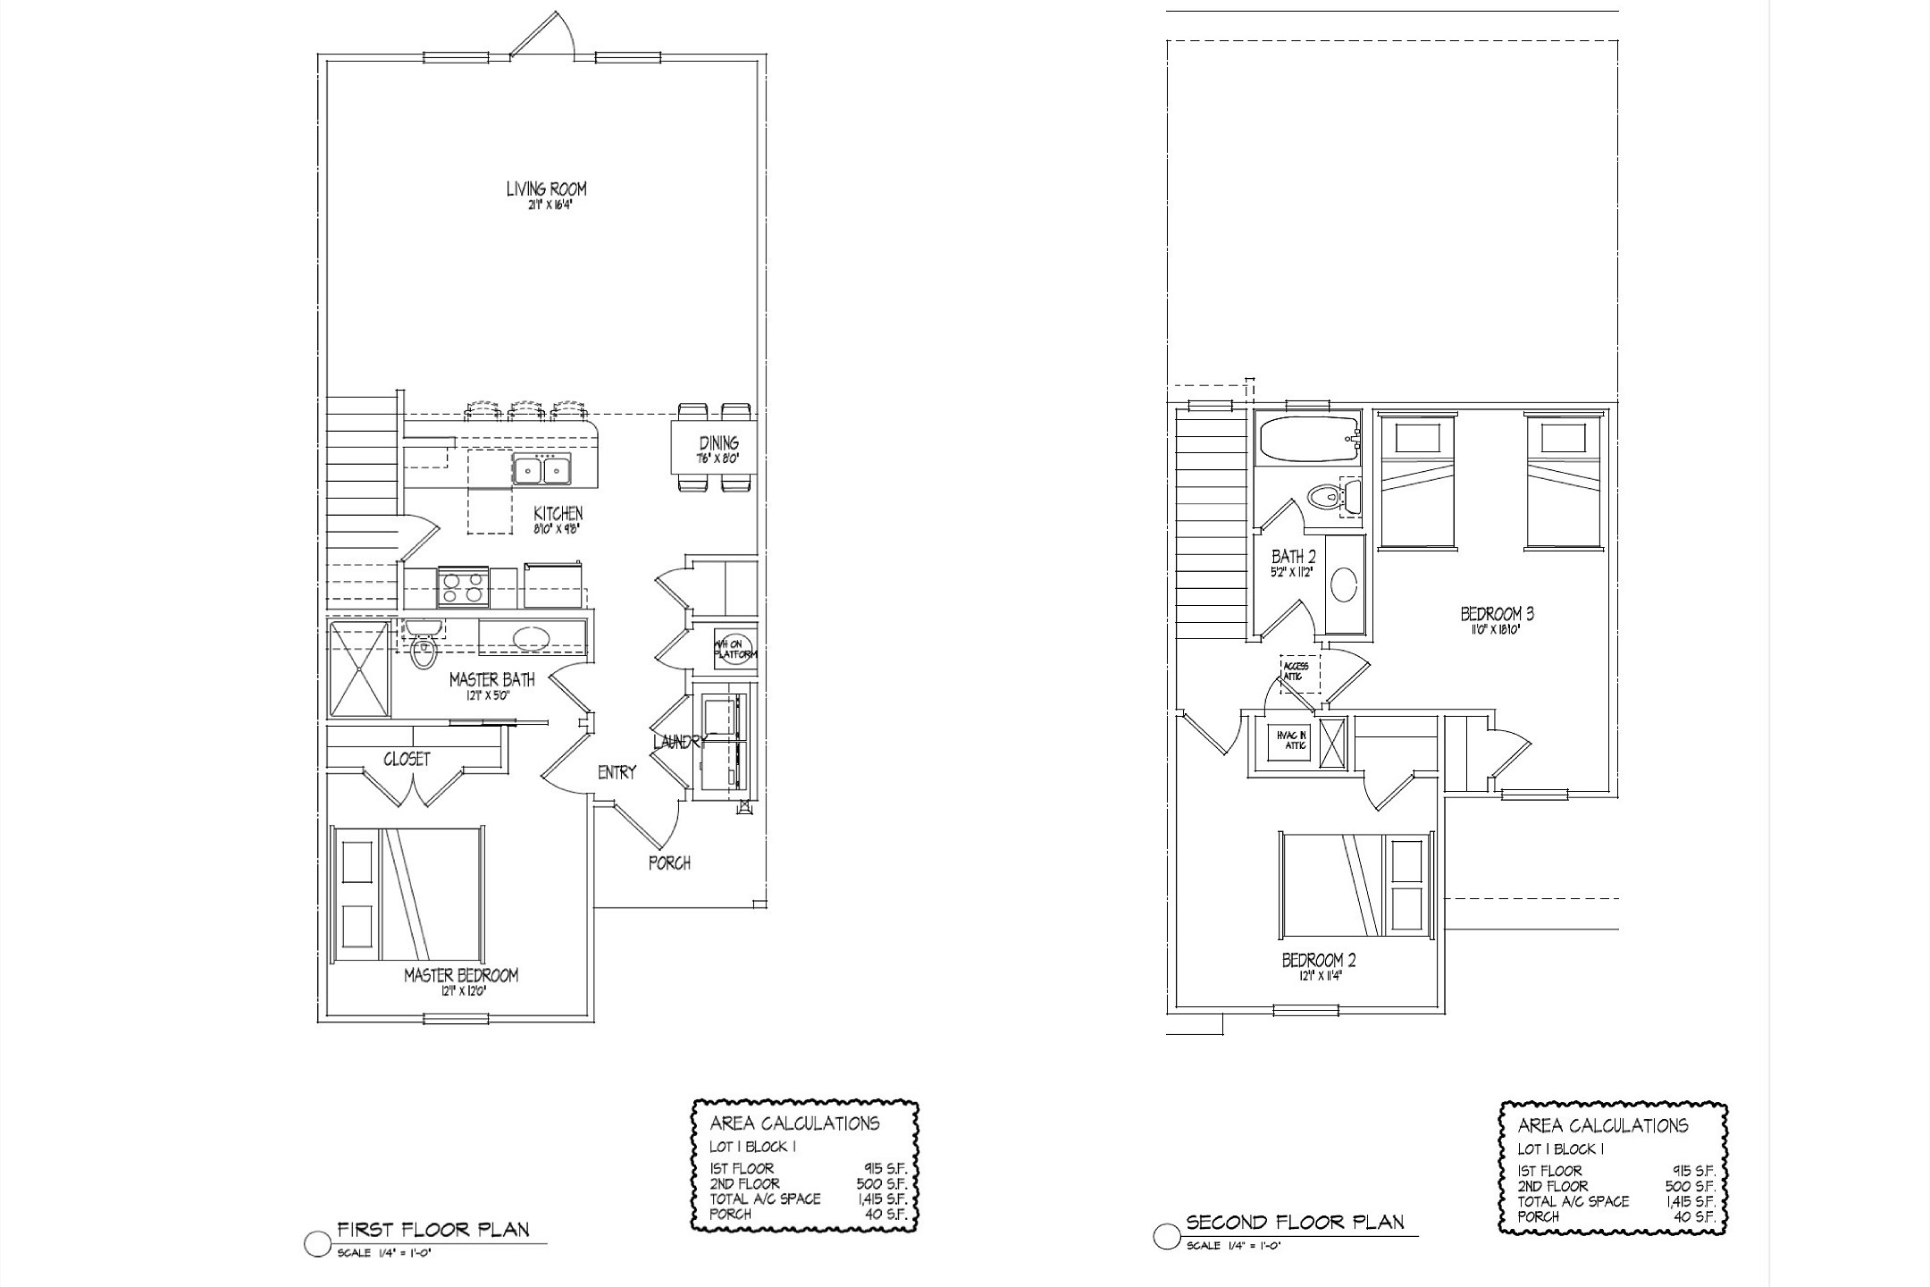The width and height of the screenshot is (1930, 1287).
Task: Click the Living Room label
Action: click(x=546, y=189)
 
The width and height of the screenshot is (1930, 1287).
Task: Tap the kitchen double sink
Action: click(x=542, y=469)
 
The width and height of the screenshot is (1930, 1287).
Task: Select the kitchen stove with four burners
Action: click(x=463, y=587)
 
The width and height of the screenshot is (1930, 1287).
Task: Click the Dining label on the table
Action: click(x=718, y=443)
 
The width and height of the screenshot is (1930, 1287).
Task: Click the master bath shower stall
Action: click(x=359, y=669)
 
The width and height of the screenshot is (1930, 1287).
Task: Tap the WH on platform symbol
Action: click(x=734, y=648)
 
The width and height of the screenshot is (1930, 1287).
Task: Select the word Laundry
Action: click(x=679, y=742)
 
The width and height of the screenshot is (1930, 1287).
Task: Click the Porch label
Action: click(x=669, y=862)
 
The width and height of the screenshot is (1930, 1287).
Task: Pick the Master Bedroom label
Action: click(x=460, y=975)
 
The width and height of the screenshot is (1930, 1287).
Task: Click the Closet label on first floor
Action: click(x=407, y=759)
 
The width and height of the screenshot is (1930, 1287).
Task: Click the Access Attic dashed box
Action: click(x=1296, y=672)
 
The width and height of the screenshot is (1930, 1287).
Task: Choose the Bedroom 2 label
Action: click(x=1319, y=961)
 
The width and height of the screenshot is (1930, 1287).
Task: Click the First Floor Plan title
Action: click(x=432, y=1229)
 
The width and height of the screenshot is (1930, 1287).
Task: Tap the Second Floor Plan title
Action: click(x=1295, y=1222)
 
